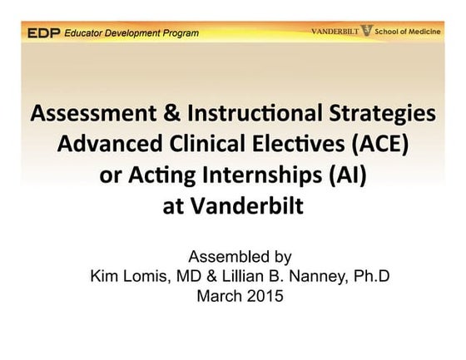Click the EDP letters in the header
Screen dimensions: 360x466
(42, 33)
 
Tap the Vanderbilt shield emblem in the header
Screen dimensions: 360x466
(367, 32)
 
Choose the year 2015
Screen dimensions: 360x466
(260, 294)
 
